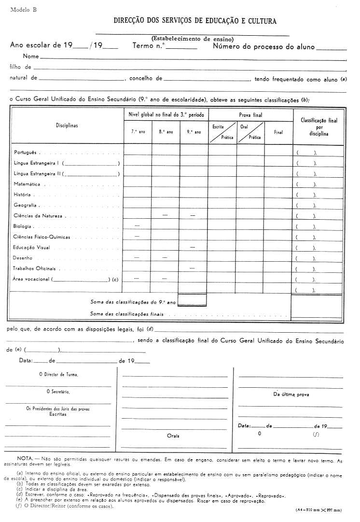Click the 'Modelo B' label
[23, 10]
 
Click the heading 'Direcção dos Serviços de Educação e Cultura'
[195, 22]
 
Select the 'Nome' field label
[30, 56]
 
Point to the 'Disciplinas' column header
[67, 126]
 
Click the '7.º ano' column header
[138, 132]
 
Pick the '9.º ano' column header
[194, 132]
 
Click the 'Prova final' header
[250, 115]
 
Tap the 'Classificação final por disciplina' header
[318, 127]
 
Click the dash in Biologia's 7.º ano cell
[138, 226]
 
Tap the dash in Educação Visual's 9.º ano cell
[193, 247]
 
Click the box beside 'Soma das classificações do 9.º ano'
[192, 300]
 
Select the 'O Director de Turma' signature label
[58, 374]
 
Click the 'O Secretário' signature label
[58, 392]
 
